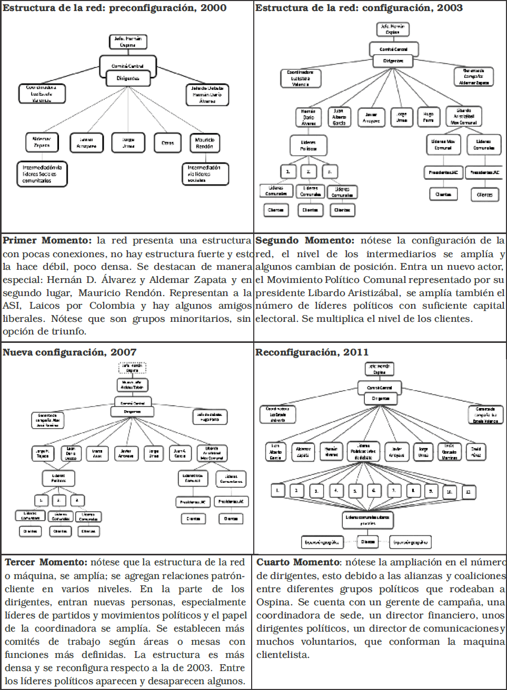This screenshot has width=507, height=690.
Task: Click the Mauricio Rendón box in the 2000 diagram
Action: click(204, 143)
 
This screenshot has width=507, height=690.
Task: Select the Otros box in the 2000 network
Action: click(167, 143)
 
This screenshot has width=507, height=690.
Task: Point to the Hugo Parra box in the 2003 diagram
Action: click(429, 117)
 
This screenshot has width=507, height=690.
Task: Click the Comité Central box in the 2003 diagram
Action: click(393, 49)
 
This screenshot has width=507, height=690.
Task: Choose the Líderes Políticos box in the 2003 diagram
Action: click(309, 145)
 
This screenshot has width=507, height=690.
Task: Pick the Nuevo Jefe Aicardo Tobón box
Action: click(132, 385)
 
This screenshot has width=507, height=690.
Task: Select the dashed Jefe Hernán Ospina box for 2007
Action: click(132, 368)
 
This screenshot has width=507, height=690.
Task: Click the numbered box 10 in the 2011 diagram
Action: click(449, 492)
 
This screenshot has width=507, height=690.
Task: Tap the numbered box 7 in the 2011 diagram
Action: click(393, 491)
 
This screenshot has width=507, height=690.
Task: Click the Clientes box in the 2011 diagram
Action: click(368, 541)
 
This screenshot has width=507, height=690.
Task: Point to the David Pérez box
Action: click(476, 452)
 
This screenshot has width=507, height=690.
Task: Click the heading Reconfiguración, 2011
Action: click(312, 352)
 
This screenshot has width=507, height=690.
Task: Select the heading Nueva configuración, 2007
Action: click(69, 352)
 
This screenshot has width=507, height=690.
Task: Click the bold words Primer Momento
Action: click(47, 240)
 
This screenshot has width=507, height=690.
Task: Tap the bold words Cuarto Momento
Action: click(298, 562)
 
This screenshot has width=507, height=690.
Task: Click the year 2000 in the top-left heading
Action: click(213, 8)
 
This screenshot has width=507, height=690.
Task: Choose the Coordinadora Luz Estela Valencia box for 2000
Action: click(42, 94)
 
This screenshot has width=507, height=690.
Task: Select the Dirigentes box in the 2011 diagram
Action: click(380, 399)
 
